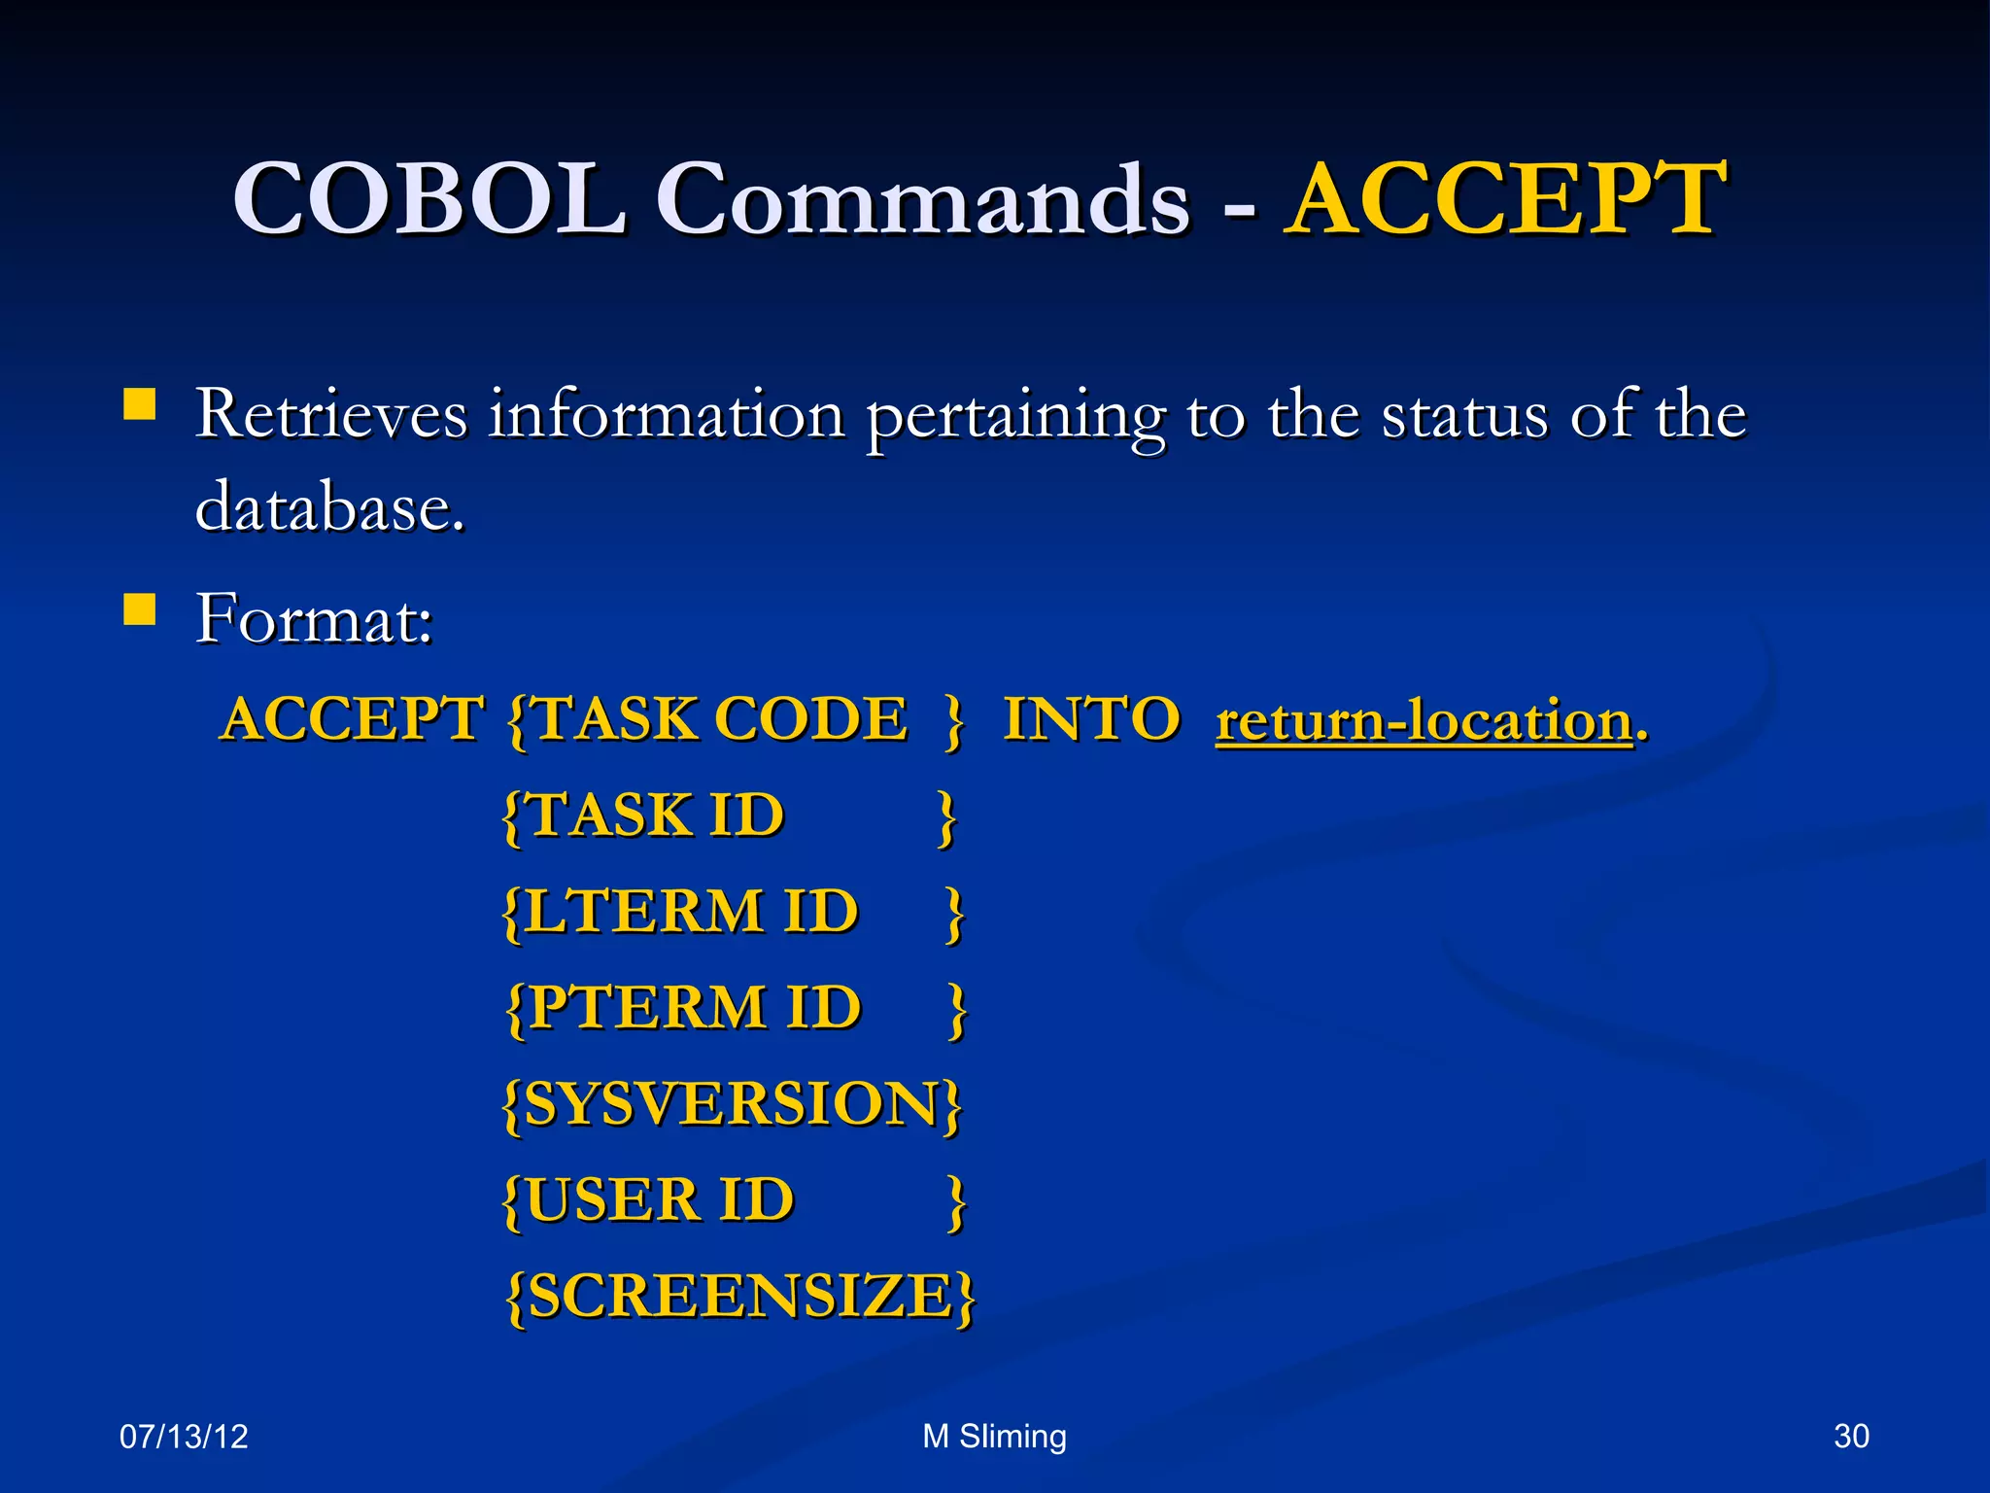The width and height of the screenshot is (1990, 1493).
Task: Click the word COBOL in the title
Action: [x=429, y=199]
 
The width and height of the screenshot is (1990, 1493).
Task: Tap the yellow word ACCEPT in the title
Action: [x=1504, y=199]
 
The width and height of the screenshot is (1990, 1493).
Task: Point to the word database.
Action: [x=329, y=507]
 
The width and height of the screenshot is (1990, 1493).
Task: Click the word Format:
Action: [x=314, y=618]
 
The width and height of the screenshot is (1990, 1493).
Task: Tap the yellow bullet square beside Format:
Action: [x=140, y=609]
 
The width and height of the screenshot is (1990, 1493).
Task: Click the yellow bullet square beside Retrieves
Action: [x=140, y=403]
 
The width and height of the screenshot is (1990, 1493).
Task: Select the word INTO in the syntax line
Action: [x=1091, y=720]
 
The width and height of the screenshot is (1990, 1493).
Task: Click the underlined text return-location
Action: [x=1424, y=722]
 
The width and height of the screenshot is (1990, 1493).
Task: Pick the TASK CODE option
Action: [x=720, y=720]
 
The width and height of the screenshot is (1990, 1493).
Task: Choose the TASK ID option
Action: [x=656, y=815]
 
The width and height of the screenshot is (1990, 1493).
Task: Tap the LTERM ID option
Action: [x=691, y=912]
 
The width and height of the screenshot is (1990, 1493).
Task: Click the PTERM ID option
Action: [x=695, y=1007]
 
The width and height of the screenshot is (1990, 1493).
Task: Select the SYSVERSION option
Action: [x=732, y=1104]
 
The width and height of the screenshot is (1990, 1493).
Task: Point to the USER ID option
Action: [x=660, y=1200]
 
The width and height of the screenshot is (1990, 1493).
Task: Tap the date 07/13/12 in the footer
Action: [x=184, y=1437]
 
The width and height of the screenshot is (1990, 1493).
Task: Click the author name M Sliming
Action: [x=994, y=1437]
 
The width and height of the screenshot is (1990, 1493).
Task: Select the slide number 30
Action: [x=1851, y=1437]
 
